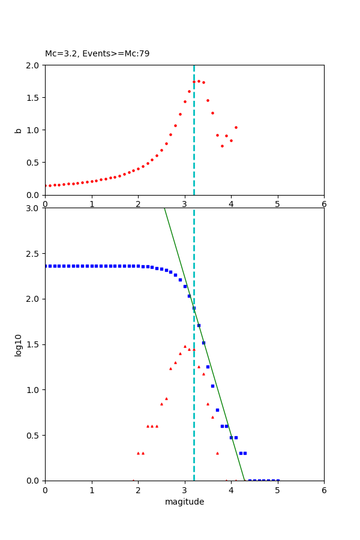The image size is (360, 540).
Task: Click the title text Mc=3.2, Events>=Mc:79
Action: (97, 54)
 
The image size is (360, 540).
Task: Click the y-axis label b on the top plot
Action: (19, 130)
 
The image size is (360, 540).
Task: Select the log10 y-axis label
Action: (19, 345)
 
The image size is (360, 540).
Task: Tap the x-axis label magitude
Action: (184, 502)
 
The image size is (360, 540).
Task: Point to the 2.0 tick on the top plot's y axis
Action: (34, 65)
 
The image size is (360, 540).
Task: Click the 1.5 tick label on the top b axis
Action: (34, 97)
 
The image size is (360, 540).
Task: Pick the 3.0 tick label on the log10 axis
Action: (34, 208)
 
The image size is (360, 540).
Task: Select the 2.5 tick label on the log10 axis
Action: (34, 254)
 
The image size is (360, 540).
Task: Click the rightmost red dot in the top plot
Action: (236, 127)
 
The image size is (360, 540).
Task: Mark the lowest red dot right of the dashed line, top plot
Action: (222, 146)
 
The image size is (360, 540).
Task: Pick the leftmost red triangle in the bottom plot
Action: (133, 480)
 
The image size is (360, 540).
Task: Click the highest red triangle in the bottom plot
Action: (185, 346)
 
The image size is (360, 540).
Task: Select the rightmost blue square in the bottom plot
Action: (278, 480)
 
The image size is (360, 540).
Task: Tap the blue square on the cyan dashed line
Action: (194, 308)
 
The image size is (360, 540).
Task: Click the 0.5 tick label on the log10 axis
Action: (34, 436)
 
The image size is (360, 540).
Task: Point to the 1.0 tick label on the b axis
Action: (34, 130)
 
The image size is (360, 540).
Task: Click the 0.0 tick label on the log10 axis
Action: (34, 481)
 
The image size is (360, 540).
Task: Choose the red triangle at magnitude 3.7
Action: (217, 453)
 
